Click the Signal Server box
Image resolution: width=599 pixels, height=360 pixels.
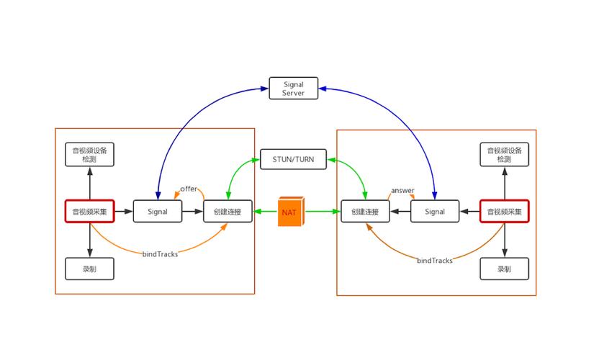[x=294, y=89]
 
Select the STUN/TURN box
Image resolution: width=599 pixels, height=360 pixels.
[x=294, y=159]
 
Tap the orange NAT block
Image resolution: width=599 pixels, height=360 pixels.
[x=291, y=212]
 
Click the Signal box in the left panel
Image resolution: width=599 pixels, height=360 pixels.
[x=158, y=211]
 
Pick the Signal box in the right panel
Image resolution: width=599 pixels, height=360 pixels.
[x=435, y=211]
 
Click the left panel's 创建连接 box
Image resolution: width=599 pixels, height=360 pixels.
[x=228, y=211]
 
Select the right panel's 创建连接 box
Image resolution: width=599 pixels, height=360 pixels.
[x=365, y=211]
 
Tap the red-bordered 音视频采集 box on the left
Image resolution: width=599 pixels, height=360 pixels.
[x=90, y=211]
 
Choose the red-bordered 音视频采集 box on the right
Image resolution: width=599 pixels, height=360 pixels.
[x=504, y=211]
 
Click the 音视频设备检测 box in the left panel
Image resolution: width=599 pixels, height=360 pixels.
[x=89, y=154]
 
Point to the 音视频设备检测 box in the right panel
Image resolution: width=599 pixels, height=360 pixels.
[x=504, y=154]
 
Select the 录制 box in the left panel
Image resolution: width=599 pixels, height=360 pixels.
[x=89, y=269]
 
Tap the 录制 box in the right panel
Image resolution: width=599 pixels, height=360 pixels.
[x=504, y=269]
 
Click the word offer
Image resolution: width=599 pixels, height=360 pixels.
[x=189, y=189]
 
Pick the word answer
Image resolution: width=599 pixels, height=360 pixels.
[x=402, y=190]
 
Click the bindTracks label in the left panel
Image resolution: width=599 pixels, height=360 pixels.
[x=160, y=254]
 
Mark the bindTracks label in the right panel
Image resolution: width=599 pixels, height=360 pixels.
[x=435, y=261]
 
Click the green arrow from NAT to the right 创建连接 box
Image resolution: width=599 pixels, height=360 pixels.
[x=323, y=212]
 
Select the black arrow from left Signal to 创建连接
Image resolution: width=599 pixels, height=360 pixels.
[x=192, y=212]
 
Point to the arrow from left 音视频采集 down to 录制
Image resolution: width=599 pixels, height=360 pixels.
[x=90, y=240]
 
